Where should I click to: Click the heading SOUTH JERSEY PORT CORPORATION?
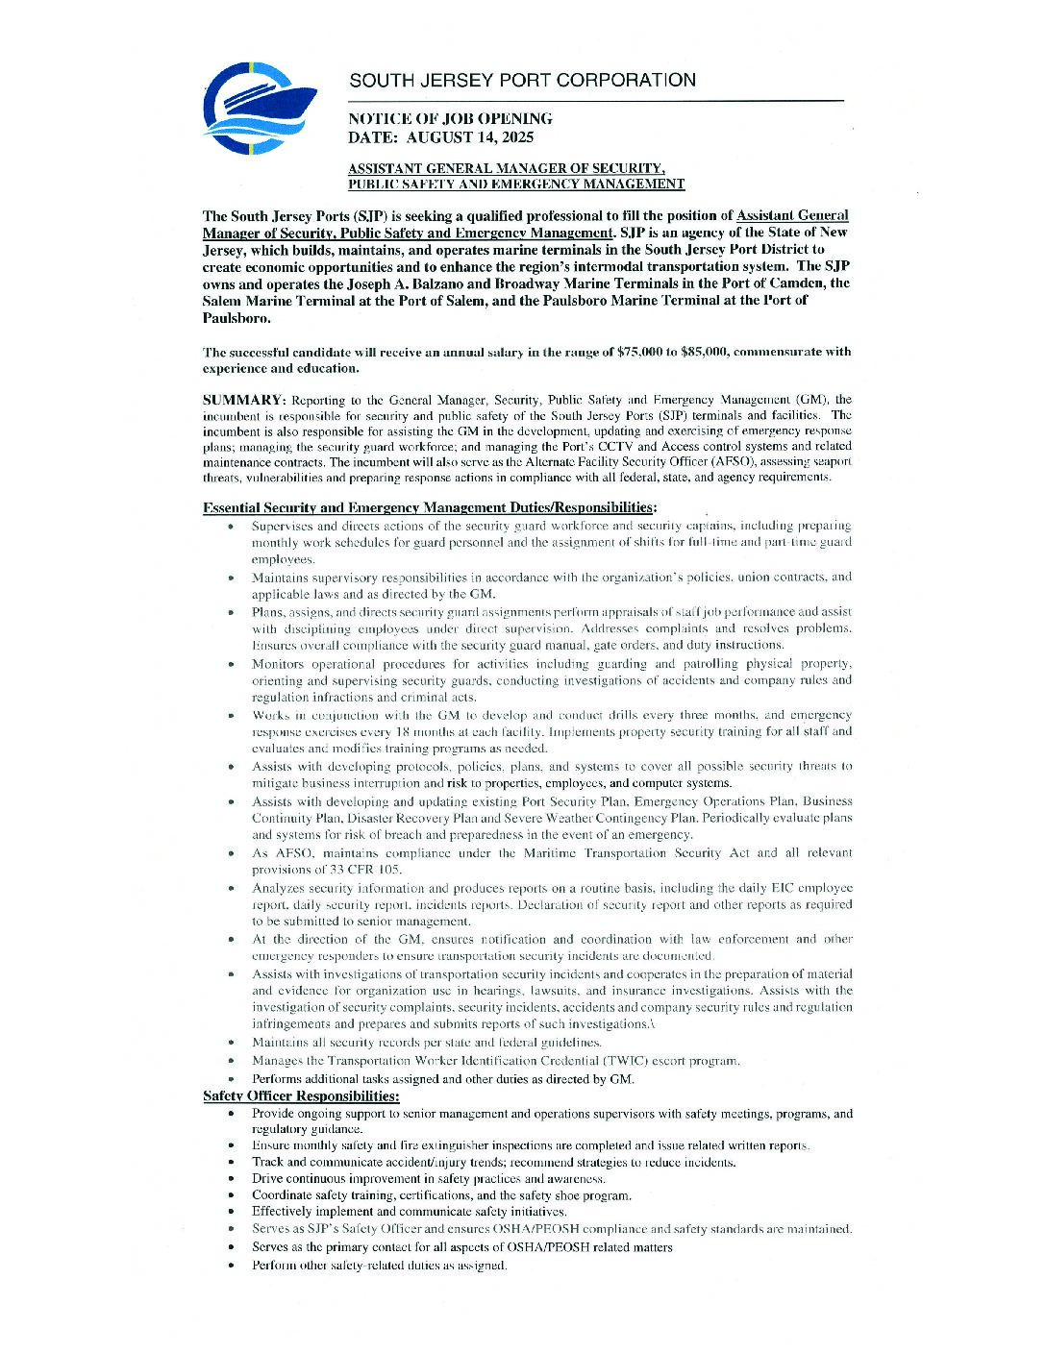click(522, 80)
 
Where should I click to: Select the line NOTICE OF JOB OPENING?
click(450, 119)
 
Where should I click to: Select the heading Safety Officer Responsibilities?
click(301, 1096)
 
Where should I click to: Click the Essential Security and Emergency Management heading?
click(430, 507)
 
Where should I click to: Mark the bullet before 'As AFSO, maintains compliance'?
click(231, 853)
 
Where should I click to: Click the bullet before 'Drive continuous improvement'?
click(231, 1179)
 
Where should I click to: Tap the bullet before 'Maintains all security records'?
click(231, 1043)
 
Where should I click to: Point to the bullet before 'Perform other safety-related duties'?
click(231, 1266)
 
